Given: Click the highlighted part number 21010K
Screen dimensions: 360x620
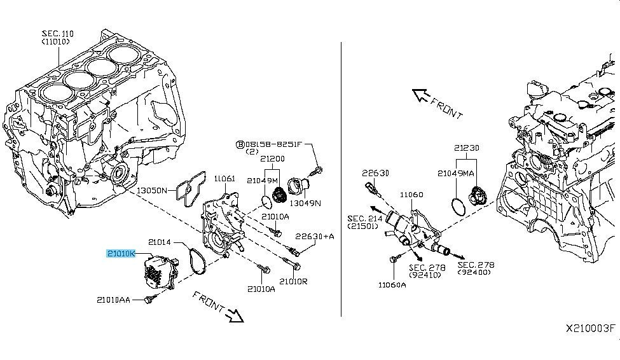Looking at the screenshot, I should tap(121, 253).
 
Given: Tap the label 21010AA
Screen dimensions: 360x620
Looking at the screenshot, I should tap(114, 299).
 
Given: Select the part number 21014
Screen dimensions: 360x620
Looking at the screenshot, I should tap(161, 242).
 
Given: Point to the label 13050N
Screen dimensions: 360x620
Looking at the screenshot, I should tap(151, 190).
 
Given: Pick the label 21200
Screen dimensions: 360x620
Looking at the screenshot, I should tap(272, 159).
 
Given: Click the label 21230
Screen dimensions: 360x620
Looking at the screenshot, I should tap(467, 148).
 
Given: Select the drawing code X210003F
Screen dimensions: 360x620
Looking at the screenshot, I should tap(591, 328).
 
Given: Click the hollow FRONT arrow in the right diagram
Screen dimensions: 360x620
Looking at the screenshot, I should tap(423, 96).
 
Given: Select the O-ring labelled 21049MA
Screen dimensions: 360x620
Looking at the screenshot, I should tap(457, 205).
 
